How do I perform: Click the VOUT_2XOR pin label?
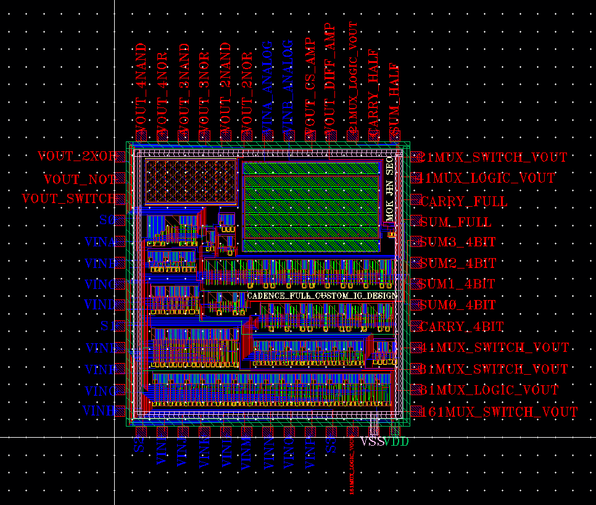click(x=77, y=157)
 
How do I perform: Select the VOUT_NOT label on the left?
click(x=80, y=179)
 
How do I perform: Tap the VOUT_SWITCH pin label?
click(x=68, y=199)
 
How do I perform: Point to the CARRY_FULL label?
click(x=463, y=201)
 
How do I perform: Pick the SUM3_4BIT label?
click(x=457, y=242)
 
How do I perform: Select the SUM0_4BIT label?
click(x=457, y=305)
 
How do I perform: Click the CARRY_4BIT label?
click(x=461, y=327)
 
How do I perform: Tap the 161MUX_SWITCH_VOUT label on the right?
click(x=498, y=412)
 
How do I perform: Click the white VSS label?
click(x=372, y=442)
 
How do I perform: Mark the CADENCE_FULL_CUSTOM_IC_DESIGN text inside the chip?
click(x=322, y=296)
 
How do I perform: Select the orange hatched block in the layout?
click(x=191, y=181)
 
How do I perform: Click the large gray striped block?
click(x=310, y=207)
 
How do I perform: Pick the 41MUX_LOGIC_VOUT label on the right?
click(x=487, y=178)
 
